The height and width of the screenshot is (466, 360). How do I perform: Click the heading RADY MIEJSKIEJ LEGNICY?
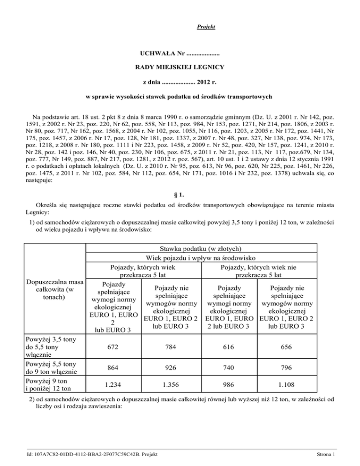180,68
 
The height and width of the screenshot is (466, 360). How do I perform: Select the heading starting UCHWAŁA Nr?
180,49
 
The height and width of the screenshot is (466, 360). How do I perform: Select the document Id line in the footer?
92,454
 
